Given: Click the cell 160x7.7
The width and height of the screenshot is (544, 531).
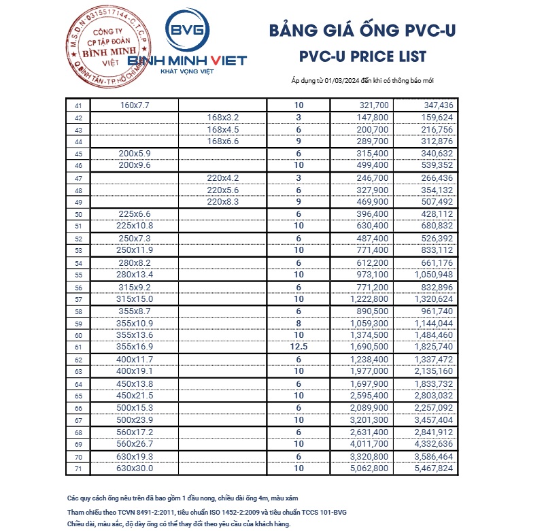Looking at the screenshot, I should click(134, 105).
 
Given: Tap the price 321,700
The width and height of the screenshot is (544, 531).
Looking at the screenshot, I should click(373, 105).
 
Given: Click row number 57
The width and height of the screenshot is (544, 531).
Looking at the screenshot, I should click(78, 300).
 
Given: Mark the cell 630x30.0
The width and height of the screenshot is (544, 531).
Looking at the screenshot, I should click(135, 468).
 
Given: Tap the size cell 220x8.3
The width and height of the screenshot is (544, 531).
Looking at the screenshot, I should click(223, 202).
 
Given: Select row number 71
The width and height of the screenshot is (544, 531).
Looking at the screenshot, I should click(78, 468).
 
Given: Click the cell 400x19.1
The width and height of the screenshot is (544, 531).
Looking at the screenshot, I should click(135, 371).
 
